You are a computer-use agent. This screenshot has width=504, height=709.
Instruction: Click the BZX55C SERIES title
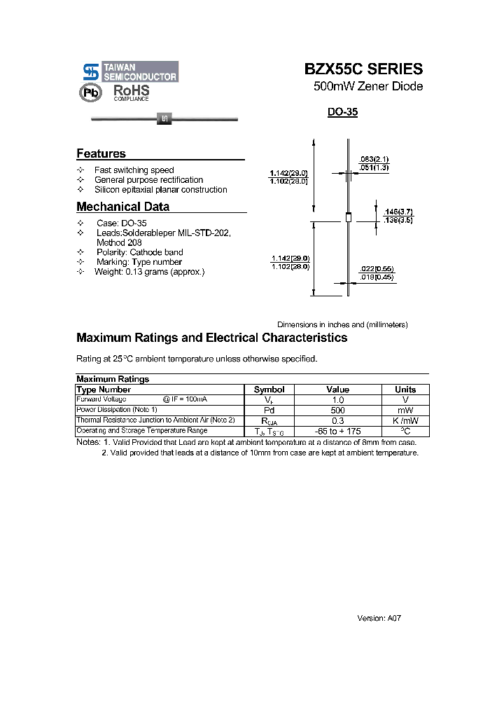363,69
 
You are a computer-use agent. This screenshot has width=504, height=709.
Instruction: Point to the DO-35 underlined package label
342,112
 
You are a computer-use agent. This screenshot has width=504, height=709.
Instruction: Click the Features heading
101,153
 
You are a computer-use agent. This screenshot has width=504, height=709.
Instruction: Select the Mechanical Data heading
122,207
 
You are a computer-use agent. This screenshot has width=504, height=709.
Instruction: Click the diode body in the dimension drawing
348,218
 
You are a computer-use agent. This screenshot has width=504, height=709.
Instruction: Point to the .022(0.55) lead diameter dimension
376,268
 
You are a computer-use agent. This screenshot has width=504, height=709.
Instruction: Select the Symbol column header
269,390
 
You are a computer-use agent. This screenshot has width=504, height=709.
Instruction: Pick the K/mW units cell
405,420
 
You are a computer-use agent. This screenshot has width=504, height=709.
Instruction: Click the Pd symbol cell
269,410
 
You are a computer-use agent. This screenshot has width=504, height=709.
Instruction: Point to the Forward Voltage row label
101,399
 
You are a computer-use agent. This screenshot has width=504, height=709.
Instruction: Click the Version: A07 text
379,619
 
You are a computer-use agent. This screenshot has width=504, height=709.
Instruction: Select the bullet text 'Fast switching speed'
134,170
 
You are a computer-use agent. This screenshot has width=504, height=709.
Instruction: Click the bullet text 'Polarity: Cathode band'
140,252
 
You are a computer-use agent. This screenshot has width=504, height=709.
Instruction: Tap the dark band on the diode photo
164,119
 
